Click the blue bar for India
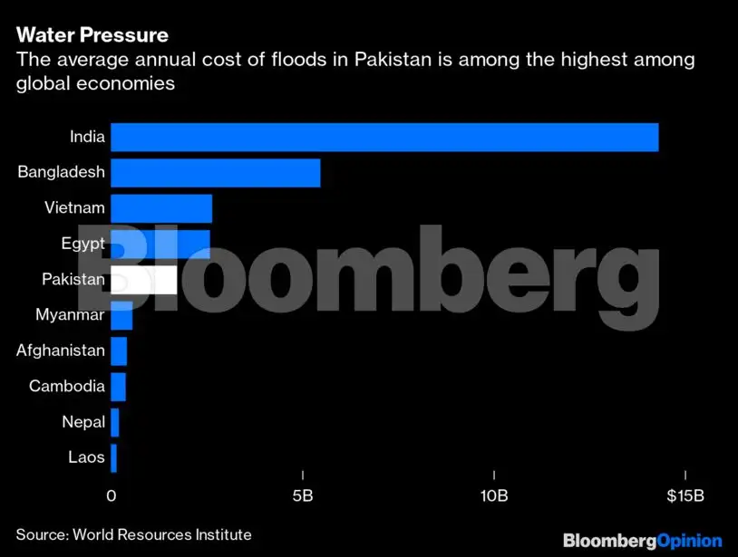tap(384, 138)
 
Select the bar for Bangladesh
tap(215, 173)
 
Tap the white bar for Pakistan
tap(143, 280)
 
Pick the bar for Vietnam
tap(160, 208)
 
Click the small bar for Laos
tap(113, 458)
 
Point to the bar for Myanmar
tap(121, 316)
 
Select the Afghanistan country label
tap(61, 351)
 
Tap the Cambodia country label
tap(67, 387)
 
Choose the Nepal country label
tap(83, 422)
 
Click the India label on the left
tap(88, 138)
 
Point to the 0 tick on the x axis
tap(111, 497)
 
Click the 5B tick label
tap(303, 497)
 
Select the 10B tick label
tap(493, 497)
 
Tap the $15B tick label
tap(685, 497)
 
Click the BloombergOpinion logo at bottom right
tap(642, 541)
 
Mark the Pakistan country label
tap(73, 280)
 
